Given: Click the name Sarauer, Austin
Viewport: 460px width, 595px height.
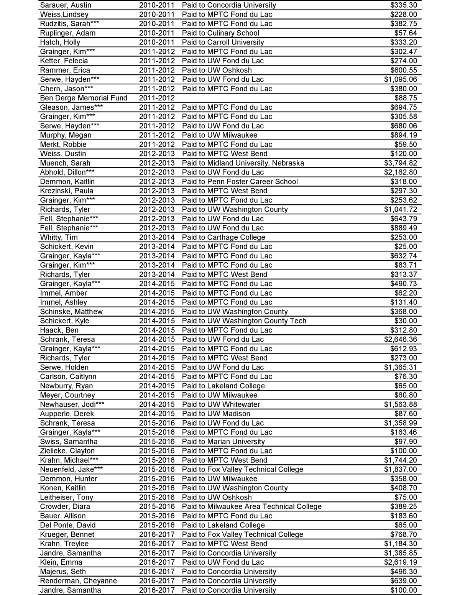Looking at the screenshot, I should [66, 5].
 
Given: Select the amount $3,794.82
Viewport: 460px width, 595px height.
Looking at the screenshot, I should [401, 163].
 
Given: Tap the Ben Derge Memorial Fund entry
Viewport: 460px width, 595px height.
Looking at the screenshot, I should [84, 98].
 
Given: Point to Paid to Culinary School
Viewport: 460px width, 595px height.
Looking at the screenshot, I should [220, 33].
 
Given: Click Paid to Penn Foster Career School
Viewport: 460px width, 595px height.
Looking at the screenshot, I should [240, 182].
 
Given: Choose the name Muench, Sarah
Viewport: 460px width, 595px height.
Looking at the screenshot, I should [65, 163].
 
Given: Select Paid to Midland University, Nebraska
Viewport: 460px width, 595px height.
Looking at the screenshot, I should [243, 163].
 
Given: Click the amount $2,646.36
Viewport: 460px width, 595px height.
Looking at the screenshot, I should [401, 340].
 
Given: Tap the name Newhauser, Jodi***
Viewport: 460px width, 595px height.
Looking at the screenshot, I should [72, 404].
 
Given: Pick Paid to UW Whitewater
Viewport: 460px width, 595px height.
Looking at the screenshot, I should [221, 404].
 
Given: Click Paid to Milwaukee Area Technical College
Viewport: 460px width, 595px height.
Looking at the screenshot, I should [251, 507].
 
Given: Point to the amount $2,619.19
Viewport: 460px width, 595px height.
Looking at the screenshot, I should [401, 562].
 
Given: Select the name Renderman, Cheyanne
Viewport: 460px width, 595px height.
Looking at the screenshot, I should [78, 581].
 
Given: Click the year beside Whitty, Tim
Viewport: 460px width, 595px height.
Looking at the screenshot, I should [157, 237].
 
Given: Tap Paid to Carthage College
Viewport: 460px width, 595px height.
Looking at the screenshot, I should [223, 237].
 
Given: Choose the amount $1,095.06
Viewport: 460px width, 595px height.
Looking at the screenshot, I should [401, 79].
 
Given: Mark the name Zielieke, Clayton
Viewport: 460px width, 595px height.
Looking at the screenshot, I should [67, 451].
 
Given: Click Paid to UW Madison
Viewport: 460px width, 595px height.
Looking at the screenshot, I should [216, 414].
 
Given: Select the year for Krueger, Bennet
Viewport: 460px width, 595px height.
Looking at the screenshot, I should [157, 534].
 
